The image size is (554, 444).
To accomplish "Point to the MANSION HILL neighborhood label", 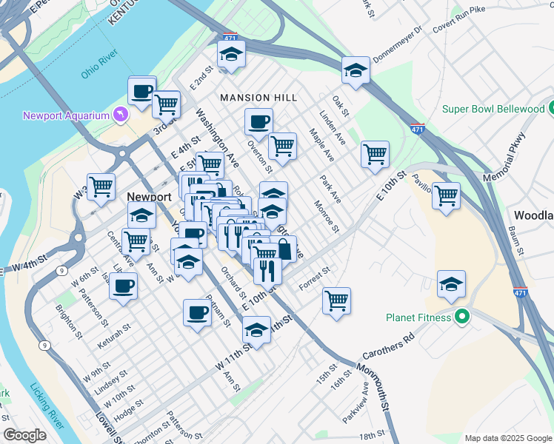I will [x=258, y=98].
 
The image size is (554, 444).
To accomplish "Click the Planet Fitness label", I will [x=418, y=317].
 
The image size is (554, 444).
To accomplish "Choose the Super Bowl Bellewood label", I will [x=493, y=109].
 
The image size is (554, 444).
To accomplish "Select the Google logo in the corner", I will [x=24, y=435].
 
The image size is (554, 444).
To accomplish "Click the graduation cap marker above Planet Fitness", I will [x=451, y=284].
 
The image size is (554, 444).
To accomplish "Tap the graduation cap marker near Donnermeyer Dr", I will [x=356, y=70].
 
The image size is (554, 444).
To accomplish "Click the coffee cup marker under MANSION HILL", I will [x=258, y=121].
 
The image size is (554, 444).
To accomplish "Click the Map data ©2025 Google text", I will [x=507, y=437].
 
